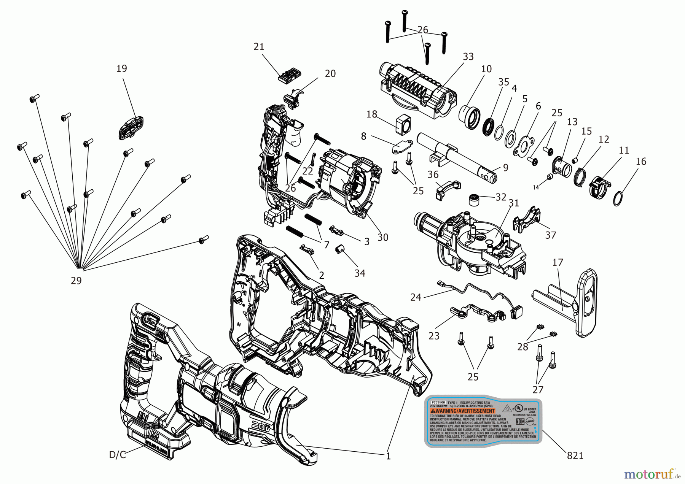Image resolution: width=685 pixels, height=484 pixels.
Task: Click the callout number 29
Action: coord(76,281)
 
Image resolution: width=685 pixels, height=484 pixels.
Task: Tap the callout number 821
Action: coord(575,455)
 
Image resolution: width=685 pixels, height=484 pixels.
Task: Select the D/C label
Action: coord(117,455)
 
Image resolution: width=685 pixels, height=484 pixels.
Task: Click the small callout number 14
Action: coord(536,187)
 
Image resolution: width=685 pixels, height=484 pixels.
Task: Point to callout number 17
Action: coord(558,262)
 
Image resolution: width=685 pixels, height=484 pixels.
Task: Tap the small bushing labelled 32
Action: coord(474,200)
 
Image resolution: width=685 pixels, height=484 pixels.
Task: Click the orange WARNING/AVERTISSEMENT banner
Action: coord(462,411)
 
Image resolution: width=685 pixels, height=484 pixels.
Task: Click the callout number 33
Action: coord(468,57)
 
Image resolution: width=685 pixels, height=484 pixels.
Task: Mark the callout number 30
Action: coord(382,237)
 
